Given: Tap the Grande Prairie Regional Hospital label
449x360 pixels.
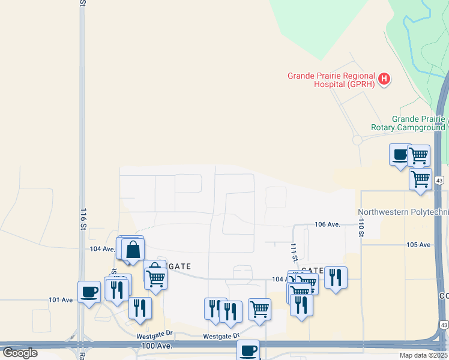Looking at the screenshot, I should point(331,80).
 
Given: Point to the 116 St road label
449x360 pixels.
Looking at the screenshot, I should point(83,219).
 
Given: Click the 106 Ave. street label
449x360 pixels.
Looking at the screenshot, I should point(328,224).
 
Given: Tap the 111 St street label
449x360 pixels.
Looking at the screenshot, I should point(294,252).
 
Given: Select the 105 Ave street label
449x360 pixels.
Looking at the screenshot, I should point(418,245).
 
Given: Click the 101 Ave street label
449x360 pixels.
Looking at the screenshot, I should point(60,299).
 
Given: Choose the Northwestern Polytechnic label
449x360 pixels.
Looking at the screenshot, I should point(403,212).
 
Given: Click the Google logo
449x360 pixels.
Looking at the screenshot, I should point(20,353).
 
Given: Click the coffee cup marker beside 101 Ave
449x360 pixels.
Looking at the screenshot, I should point(89,292).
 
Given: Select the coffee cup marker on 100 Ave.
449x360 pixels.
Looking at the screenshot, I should point(248,350).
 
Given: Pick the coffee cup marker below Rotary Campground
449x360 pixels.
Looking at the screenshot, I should point(400,155).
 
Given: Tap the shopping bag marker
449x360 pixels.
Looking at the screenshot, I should point(133,248).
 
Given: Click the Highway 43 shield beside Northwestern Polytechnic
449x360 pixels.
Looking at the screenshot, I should point(439,181).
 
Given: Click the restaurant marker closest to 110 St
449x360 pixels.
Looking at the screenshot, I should point(336,277).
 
